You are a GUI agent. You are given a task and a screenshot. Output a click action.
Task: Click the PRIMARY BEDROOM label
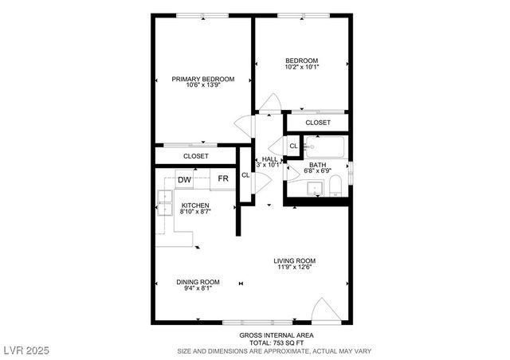tap(203, 79)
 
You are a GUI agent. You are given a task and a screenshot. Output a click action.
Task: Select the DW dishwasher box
tap(184, 179)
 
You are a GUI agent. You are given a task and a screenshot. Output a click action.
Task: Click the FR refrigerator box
tap(224, 178)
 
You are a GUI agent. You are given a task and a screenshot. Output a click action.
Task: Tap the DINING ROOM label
tap(198, 282)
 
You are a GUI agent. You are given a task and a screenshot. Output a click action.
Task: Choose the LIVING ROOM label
tap(295, 260)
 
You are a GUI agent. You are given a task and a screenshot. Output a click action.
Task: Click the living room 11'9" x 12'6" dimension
tap(295, 268)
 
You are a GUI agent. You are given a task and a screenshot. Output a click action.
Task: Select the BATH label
tap(318, 165)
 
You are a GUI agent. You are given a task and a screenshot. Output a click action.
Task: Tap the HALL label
tap(269, 158)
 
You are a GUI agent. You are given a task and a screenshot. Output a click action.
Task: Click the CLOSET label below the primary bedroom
tap(195, 156)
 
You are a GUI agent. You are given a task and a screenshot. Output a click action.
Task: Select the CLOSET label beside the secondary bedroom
tap(318, 123)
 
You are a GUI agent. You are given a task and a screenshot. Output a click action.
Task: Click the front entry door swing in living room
tap(325, 311)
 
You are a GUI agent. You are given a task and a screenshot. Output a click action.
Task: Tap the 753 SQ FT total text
tap(276, 342)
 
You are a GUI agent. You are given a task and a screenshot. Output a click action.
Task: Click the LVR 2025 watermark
tap(26, 350)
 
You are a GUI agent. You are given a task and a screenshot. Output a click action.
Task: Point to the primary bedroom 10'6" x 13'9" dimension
tap(203, 86)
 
